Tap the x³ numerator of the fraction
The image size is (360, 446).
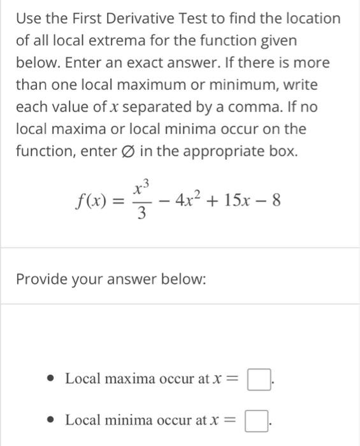point(141,188)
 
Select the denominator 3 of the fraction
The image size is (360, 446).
point(141,215)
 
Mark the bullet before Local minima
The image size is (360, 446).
point(54,421)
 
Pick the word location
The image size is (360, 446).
point(310,18)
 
